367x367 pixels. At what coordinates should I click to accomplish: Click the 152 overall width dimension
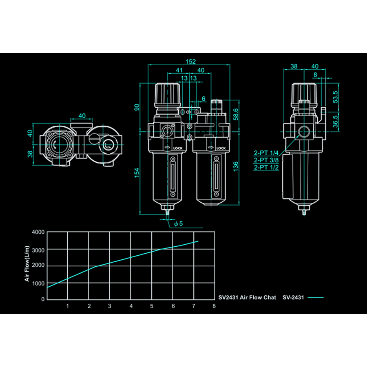pyautogui.click(x=191, y=62)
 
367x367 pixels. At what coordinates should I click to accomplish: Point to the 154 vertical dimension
pyautogui.click(x=137, y=173)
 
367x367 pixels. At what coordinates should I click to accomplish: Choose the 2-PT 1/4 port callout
pyautogui.click(x=266, y=153)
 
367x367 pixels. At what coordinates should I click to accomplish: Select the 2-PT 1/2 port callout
pyautogui.click(x=266, y=167)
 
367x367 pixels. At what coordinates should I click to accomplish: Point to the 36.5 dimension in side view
pyautogui.click(x=335, y=122)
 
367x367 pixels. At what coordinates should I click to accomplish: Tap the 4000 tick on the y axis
pyautogui.click(x=38, y=232)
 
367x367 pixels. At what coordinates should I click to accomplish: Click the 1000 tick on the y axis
pyautogui.click(x=38, y=283)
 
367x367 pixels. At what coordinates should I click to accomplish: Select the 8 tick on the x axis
pyautogui.click(x=214, y=306)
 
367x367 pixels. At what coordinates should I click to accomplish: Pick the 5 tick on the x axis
pyautogui.click(x=152, y=306)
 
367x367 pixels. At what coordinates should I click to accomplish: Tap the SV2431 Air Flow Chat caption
pyautogui.click(x=247, y=298)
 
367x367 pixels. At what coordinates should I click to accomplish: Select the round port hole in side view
pyautogui.click(x=304, y=132)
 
